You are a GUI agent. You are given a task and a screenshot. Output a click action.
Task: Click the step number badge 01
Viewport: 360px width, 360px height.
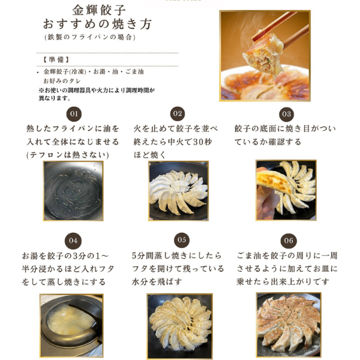click(74, 114)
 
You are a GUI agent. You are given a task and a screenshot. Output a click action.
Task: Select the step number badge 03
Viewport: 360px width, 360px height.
click(286, 114)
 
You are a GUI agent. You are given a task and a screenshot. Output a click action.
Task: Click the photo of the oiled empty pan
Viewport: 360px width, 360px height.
click(73, 191)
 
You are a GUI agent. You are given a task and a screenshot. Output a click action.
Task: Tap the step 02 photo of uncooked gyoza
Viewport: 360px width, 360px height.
click(178, 191)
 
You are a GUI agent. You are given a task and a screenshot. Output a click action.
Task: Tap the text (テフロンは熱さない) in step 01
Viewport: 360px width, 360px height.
click(67, 155)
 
